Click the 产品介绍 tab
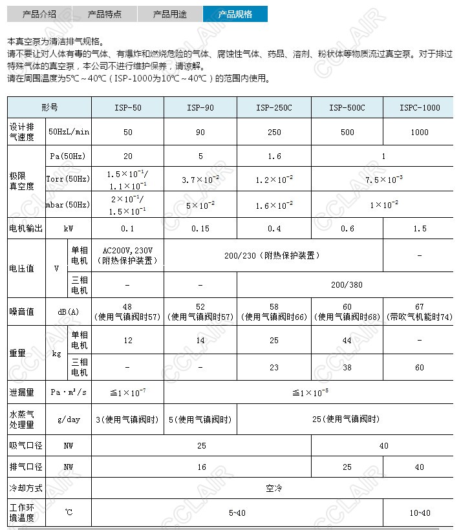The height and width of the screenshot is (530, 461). pyautogui.click(x=39, y=14)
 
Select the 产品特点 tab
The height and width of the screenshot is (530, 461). pyautogui.click(x=104, y=14)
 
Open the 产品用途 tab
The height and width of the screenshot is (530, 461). pyautogui.click(x=169, y=14)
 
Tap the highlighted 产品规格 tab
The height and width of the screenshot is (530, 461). pyautogui.click(x=235, y=14)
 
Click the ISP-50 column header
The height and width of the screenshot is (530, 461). pyautogui.click(x=128, y=108)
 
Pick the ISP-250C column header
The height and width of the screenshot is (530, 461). pyautogui.click(x=274, y=108)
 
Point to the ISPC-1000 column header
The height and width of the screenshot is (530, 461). pyautogui.click(x=419, y=108)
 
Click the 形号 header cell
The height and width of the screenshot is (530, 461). pyautogui.click(x=50, y=108)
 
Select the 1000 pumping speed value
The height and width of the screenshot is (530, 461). pyautogui.click(x=419, y=132)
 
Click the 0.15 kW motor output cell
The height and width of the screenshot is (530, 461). pyautogui.click(x=200, y=228)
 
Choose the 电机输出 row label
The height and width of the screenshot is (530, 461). pyautogui.click(x=25, y=228)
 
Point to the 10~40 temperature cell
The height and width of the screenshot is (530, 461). pyautogui.click(x=419, y=513)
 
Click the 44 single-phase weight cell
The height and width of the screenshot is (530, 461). pyautogui.click(x=347, y=340)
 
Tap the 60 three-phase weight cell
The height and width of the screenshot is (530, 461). pyautogui.click(x=419, y=367)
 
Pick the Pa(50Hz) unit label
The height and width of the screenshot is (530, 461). pyautogui.click(x=68, y=156)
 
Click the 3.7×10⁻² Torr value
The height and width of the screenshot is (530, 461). pyautogui.click(x=200, y=180)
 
